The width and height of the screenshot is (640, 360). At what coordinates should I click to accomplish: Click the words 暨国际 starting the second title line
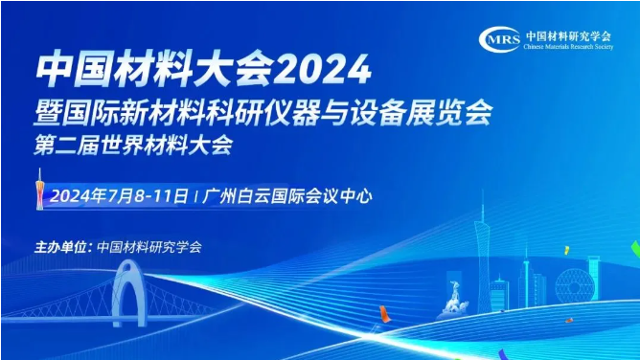click(67, 115)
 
